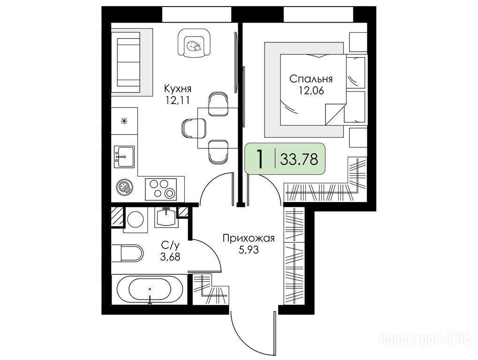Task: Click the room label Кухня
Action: (x=178, y=89)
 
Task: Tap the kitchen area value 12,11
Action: (x=177, y=100)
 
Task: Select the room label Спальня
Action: (x=311, y=79)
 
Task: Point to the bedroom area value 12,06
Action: (x=311, y=91)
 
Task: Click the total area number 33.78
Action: (x=299, y=159)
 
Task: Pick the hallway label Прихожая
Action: (x=249, y=238)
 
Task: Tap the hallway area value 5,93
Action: (x=249, y=250)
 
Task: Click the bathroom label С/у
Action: (x=170, y=245)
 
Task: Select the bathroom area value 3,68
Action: (x=170, y=257)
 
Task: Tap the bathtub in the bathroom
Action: (x=150, y=289)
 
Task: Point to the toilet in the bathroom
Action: (x=128, y=253)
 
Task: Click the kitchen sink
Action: (x=124, y=157)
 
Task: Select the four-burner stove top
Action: (x=160, y=189)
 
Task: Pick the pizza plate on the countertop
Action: (x=124, y=187)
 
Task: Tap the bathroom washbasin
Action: (x=166, y=217)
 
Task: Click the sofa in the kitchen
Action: (x=129, y=62)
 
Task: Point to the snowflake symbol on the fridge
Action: (x=124, y=122)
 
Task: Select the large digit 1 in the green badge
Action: (x=259, y=159)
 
